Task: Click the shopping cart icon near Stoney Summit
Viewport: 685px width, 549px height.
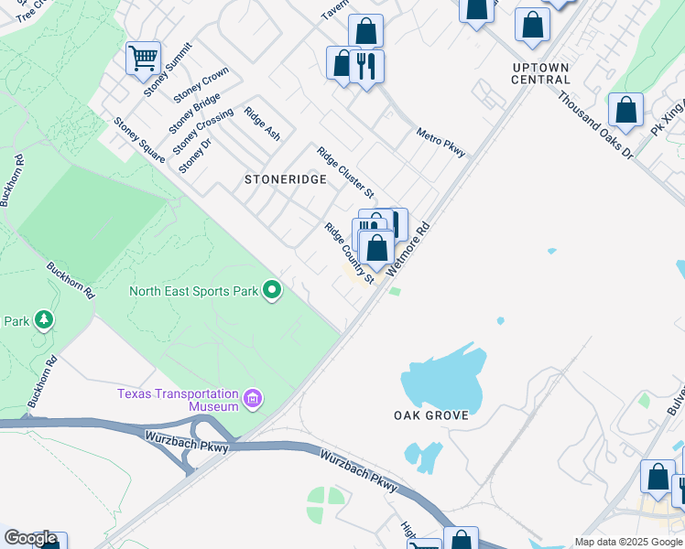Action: (143, 59)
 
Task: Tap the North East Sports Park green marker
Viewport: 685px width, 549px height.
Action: (272, 291)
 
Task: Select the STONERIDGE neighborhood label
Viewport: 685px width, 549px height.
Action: (285, 180)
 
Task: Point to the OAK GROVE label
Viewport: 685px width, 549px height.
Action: (431, 415)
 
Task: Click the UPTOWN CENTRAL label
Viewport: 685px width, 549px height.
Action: (541, 73)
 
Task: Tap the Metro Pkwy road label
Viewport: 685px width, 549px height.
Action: (440, 143)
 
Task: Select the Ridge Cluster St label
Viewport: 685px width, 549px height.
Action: (345, 172)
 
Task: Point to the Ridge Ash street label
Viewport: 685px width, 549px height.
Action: (262, 124)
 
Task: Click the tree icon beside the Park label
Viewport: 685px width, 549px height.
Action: (43, 320)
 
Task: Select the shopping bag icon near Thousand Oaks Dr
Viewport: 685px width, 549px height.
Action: (625, 111)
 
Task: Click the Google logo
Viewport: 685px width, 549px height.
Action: (30, 539)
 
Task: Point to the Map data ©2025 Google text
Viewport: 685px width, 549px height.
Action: (629, 542)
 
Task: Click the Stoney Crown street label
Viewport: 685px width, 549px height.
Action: (201, 84)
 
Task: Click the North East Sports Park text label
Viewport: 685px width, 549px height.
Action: (193, 291)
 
